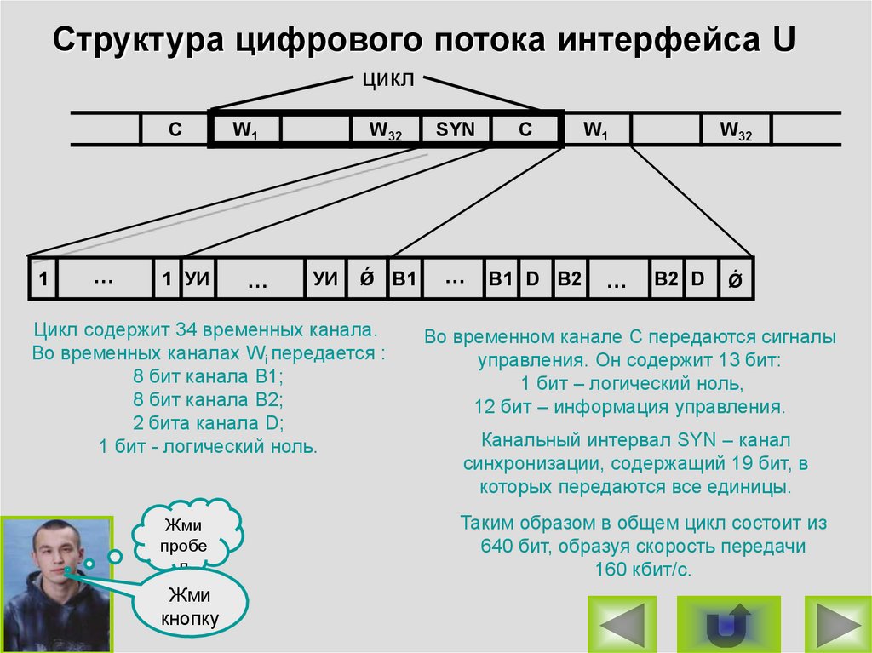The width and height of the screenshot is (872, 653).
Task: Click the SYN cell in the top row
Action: click(x=456, y=129)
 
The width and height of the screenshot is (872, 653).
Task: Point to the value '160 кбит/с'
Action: click(x=643, y=570)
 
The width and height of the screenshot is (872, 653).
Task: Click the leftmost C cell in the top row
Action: click(x=174, y=129)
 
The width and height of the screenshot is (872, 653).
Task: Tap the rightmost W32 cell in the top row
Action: click(x=736, y=129)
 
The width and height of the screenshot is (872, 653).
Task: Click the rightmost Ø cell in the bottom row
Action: click(x=734, y=279)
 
